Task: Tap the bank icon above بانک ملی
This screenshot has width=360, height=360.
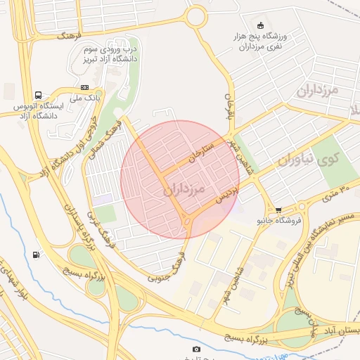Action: click(85, 87)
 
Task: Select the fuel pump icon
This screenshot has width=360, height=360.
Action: click(36, 255)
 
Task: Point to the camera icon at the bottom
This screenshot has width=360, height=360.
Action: click(195, 349)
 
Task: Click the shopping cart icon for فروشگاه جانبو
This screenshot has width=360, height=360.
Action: click(278, 210)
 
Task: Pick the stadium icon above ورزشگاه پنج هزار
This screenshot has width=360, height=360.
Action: click(262, 25)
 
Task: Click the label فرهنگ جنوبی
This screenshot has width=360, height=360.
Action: click(166, 267)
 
